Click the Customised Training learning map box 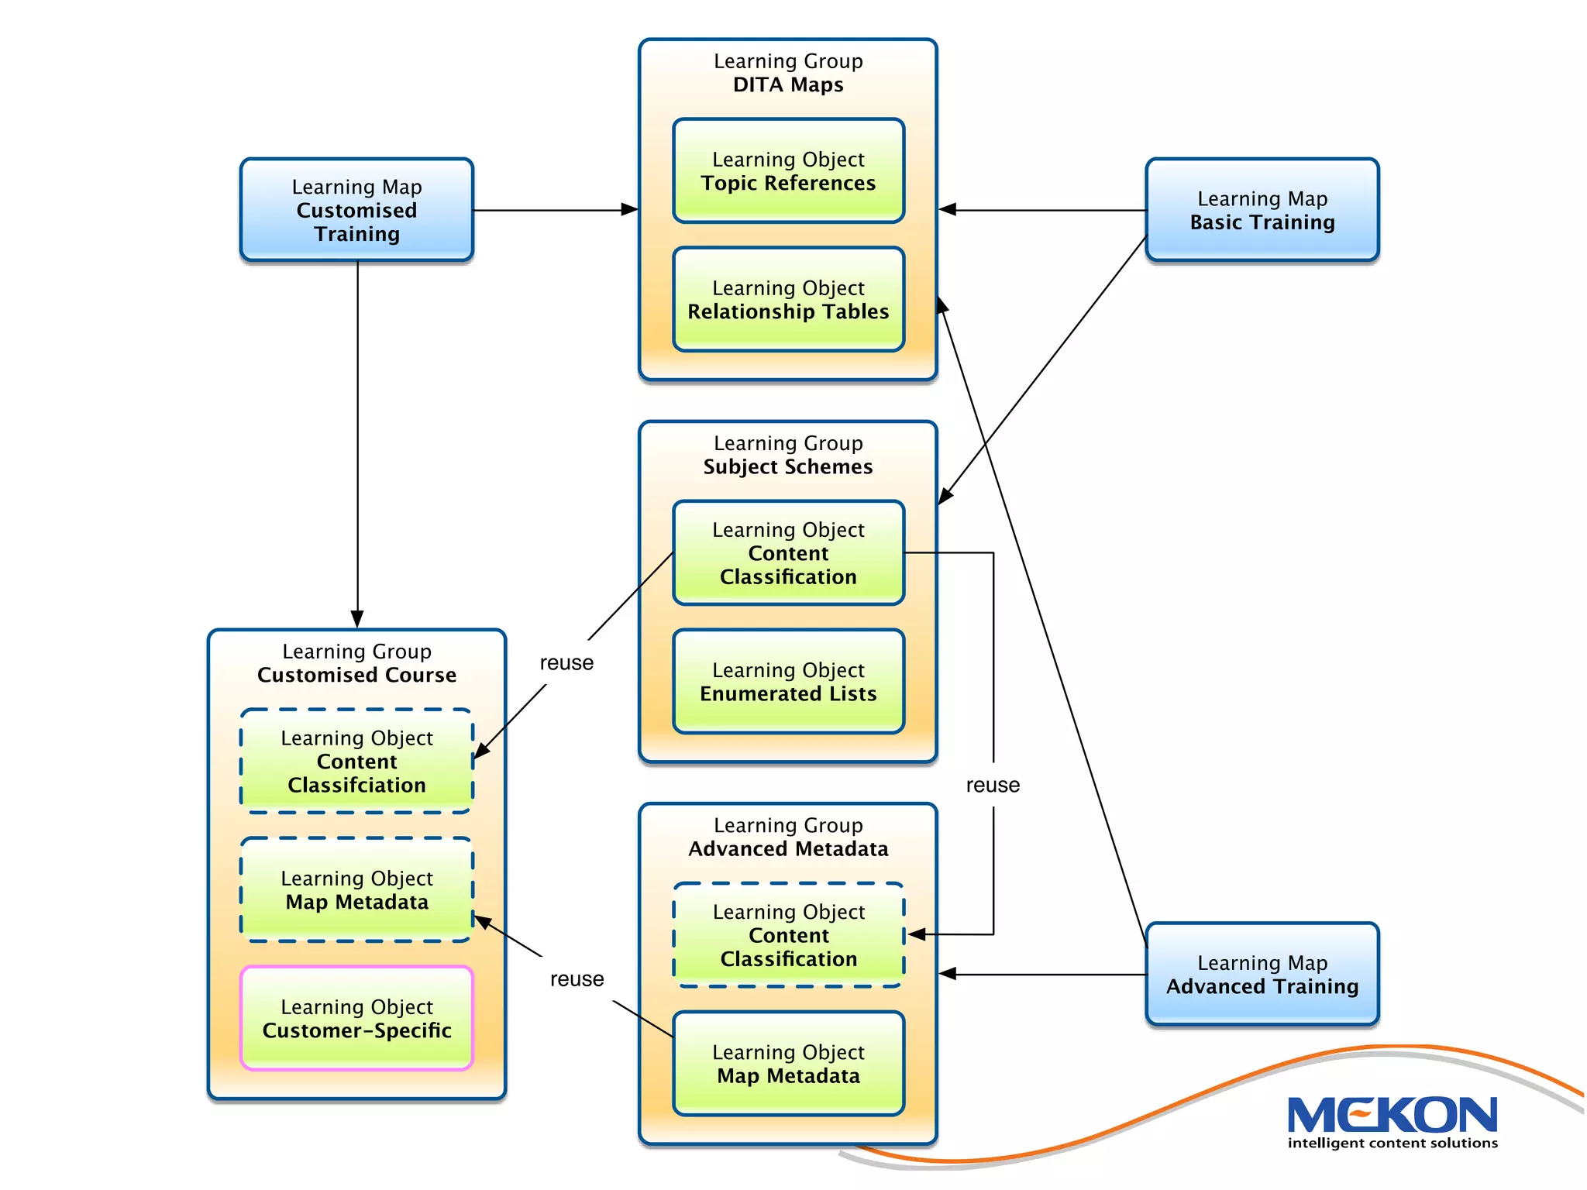356,210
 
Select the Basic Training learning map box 1262,210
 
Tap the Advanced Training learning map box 1262,974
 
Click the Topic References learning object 788,171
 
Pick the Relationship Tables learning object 788,300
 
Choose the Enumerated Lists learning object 788,682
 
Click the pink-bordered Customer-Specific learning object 356,1018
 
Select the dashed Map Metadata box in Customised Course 356,889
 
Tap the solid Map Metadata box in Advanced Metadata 788,1064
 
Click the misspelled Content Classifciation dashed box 356,761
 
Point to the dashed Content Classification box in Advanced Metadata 788,935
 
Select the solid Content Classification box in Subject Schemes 788,553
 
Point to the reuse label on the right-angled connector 993,785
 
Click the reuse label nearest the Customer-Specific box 577,978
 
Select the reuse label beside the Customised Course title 566,662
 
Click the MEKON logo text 1392,1116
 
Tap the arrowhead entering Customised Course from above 357,619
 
